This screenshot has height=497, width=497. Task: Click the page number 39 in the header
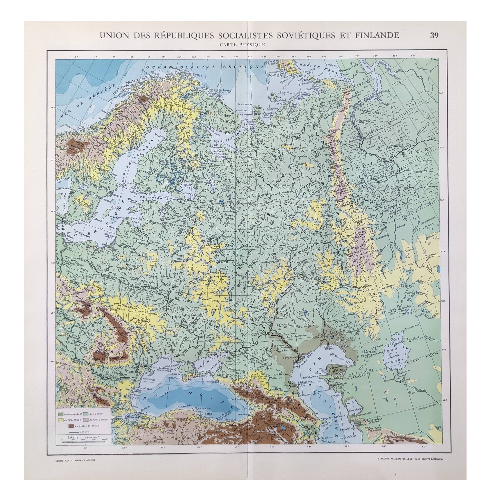pos(434,35)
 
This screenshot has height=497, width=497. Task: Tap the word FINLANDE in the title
pos(377,35)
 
